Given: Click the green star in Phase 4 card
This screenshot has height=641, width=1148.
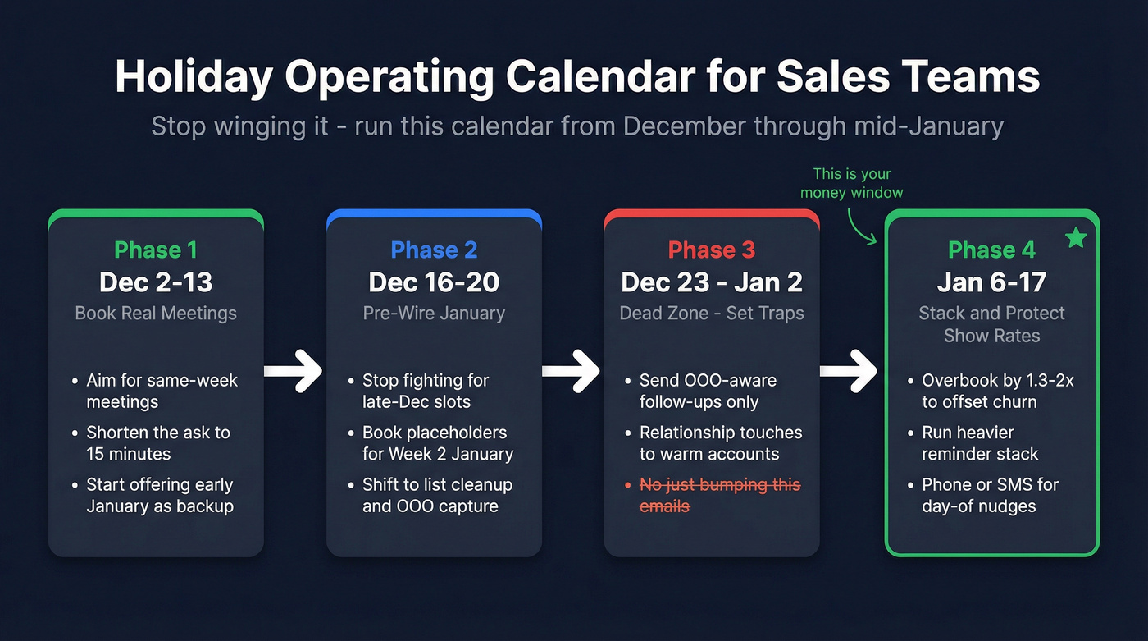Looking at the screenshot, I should coord(1076,238).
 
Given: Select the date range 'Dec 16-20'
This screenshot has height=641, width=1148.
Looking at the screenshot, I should coord(434,282).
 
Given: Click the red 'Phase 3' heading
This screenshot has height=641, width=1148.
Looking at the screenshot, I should coord(712,250).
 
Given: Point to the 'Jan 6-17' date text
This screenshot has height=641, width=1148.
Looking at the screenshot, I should coord(991,282).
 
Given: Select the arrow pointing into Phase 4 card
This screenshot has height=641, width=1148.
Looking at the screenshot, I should coord(850,372).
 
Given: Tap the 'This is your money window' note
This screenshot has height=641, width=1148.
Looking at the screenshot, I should coord(852,183).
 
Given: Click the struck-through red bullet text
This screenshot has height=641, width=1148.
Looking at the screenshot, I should coord(719,495).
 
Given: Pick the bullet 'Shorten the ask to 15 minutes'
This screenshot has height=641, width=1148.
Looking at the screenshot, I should coord(157,443).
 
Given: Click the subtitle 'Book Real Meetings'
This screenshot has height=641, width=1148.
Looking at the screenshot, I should coord(156,314).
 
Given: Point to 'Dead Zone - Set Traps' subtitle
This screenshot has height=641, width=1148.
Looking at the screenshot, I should coord(712,314).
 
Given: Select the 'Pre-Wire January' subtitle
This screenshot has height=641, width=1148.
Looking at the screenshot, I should coord(434,314).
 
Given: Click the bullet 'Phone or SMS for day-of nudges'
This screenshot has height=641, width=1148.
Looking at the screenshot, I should coord(990,495).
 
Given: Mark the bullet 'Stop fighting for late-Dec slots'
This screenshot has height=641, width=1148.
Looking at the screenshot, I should coord(426,391).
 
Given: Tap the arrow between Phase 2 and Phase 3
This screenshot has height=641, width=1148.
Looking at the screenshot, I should coord(572,372).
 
